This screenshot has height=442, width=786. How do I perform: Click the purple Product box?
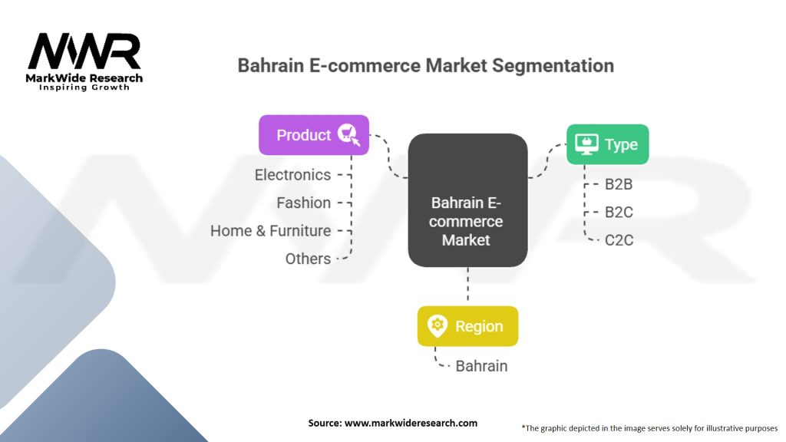point(314,135)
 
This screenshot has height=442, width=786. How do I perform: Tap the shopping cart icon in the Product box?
point(348,134)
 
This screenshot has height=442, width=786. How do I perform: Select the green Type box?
point(608,144)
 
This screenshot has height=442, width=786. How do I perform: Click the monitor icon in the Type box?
point(586,144)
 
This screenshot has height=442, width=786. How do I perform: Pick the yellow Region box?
point(467,326)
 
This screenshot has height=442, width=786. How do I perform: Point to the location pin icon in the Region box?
point(437,326)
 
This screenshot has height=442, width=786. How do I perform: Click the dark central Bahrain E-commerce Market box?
point(467,200)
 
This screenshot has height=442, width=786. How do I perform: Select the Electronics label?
point(292,175)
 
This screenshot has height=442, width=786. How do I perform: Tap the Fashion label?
point(304,203)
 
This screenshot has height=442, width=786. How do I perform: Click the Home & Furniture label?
point(271,231)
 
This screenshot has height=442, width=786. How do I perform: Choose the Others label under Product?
point(308,259)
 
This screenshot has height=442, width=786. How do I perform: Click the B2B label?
point(619,184)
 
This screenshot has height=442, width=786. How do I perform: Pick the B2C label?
point(619,213)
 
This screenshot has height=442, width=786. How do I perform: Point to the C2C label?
point(619,240)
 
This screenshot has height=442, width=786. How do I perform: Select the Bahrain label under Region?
point(481,366)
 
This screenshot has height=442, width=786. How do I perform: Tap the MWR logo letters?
point(84,51)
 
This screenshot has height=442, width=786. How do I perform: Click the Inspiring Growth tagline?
point(84,87)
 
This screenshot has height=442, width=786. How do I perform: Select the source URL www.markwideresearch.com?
point(411,423)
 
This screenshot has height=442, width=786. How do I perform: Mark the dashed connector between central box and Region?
point(467,284)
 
